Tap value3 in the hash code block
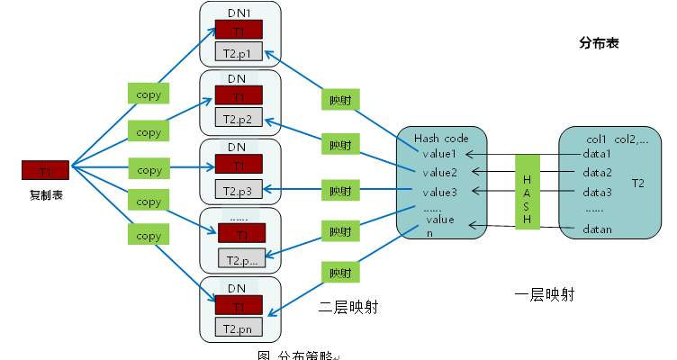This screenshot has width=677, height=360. pyautogui.click(x=441, y=191)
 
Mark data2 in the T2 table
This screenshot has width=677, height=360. pyautogui.click(x=597, y=172)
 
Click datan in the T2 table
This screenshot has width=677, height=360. pyautogui.click(x=597, y=229)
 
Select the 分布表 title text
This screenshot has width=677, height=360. pyautogui.click(x=599, y=42)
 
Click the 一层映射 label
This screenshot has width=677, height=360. pyautogui.click(x=544, y=294)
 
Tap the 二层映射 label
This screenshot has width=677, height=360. pyautogui.click(x=348, y=307)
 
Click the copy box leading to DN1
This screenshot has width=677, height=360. pyautogui.click(x=149, y=94)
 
